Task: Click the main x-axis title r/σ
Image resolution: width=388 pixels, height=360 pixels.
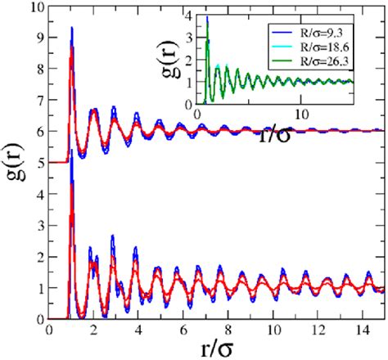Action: pos(216,348)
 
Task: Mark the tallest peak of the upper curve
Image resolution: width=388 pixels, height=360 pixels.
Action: pos(72,28)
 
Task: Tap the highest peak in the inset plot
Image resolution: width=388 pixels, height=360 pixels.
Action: pos(207,17)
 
